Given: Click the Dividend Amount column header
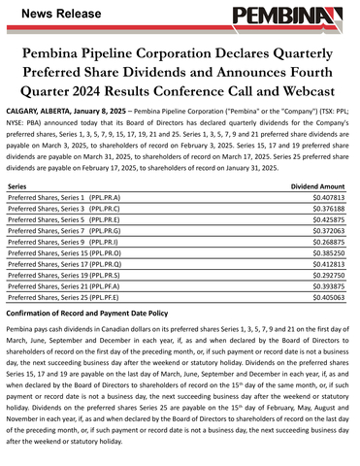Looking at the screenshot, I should point(318,183).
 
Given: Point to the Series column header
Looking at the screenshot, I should point(16,183).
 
